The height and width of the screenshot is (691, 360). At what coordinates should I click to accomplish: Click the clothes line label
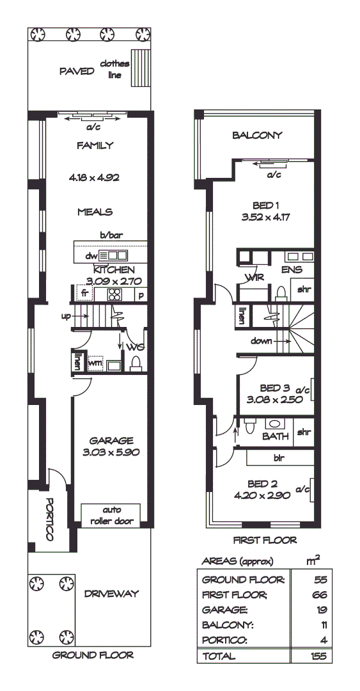[x=114, y=69]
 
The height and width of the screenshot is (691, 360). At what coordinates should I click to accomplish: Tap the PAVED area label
[x=76, y=70]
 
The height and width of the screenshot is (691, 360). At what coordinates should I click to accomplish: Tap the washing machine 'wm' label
[x=95, y=363]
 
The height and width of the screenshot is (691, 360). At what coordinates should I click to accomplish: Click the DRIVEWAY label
[x=111, y=594]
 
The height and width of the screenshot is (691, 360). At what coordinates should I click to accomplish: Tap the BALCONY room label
[x=257, y=135]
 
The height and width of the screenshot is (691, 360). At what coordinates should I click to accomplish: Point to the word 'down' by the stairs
[x=262, y=341]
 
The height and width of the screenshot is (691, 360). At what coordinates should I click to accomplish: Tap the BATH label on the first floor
[x=275, y=436]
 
